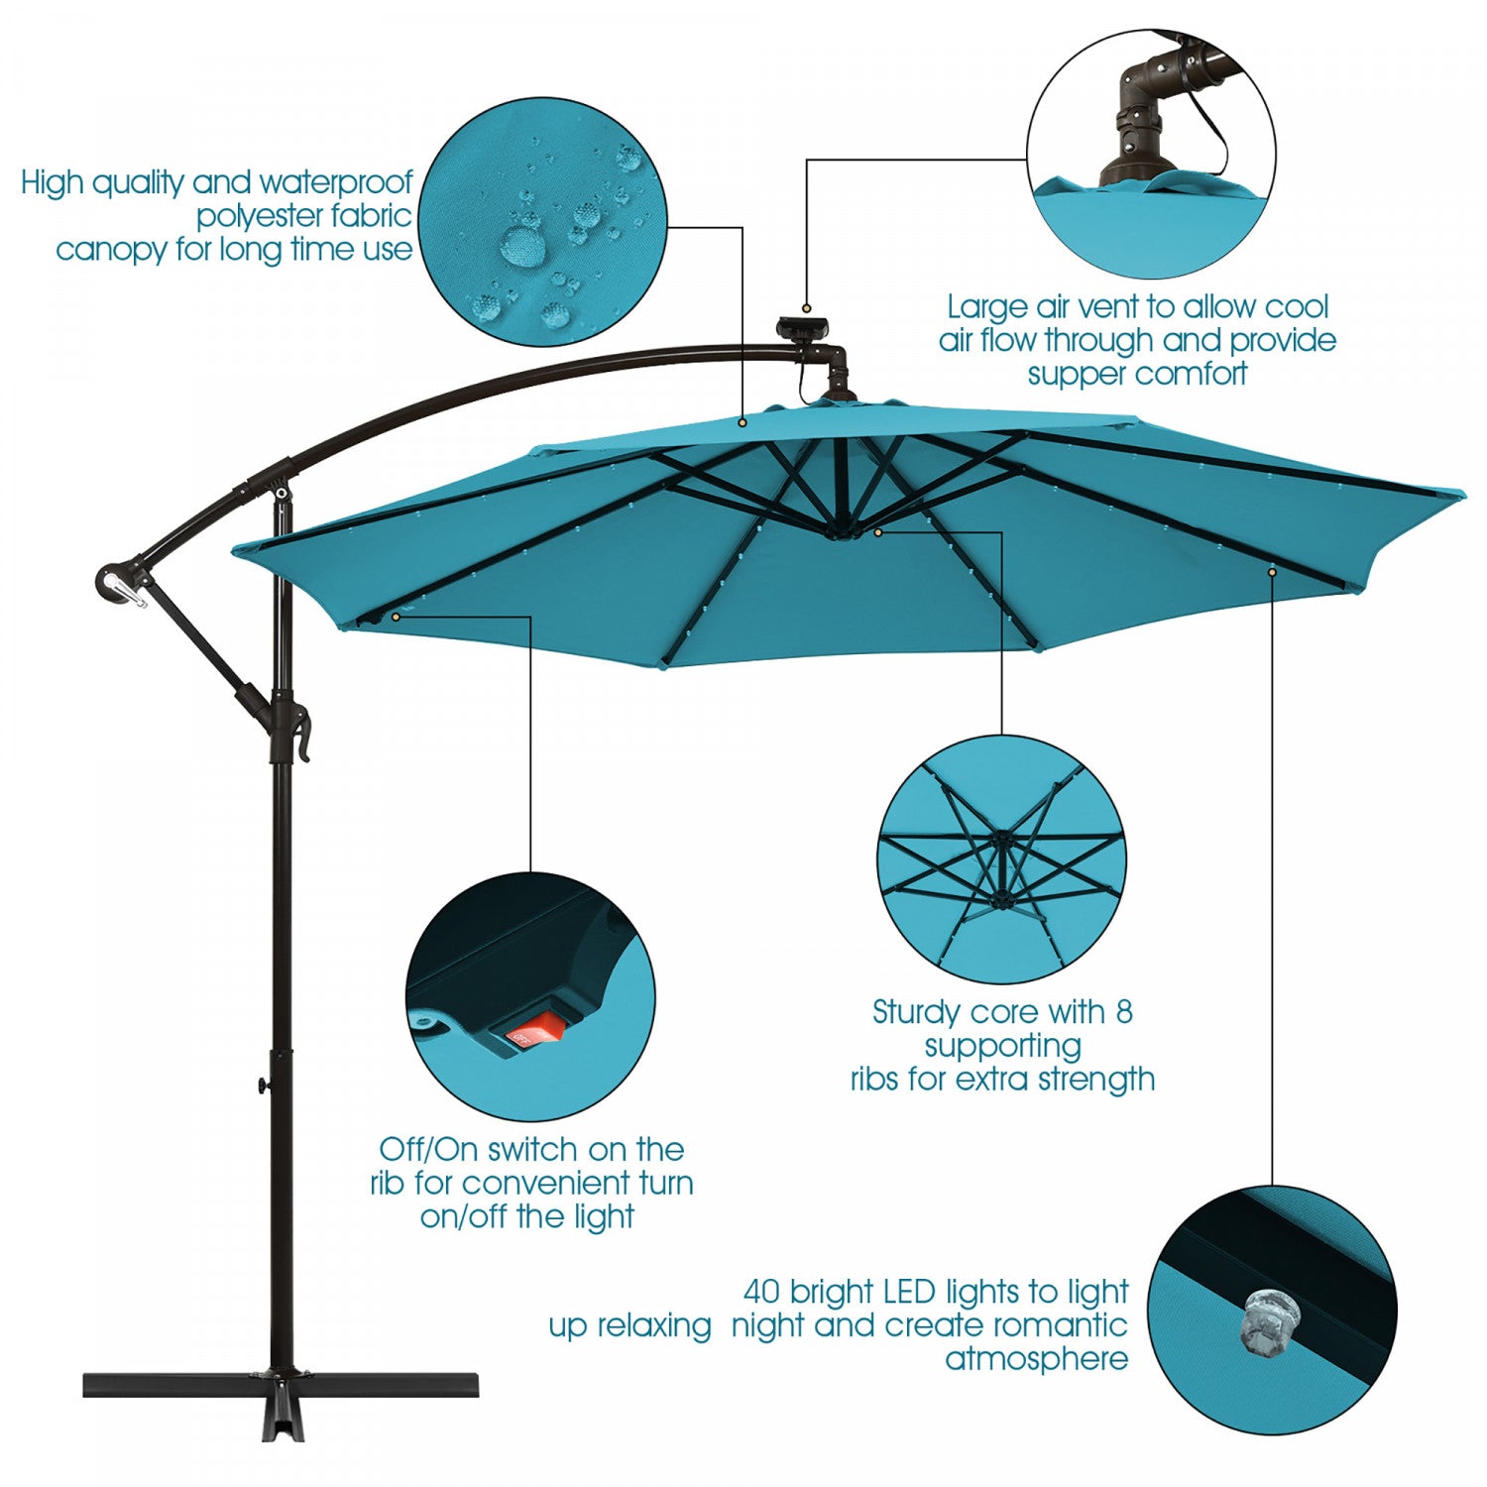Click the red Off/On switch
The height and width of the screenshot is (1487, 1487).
[534, 1034]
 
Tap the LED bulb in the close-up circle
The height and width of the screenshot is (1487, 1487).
[1271, 1321]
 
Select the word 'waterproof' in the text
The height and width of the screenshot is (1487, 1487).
[336, 183]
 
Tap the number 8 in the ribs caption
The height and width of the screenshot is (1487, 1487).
[1123, 1012]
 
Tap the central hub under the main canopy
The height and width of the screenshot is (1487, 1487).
[842, 530]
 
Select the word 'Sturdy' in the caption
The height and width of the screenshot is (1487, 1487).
[917, 1013]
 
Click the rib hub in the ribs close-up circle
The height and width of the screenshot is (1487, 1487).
[1001, 841]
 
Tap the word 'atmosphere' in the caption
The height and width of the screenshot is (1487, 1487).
[1037, 1359]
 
